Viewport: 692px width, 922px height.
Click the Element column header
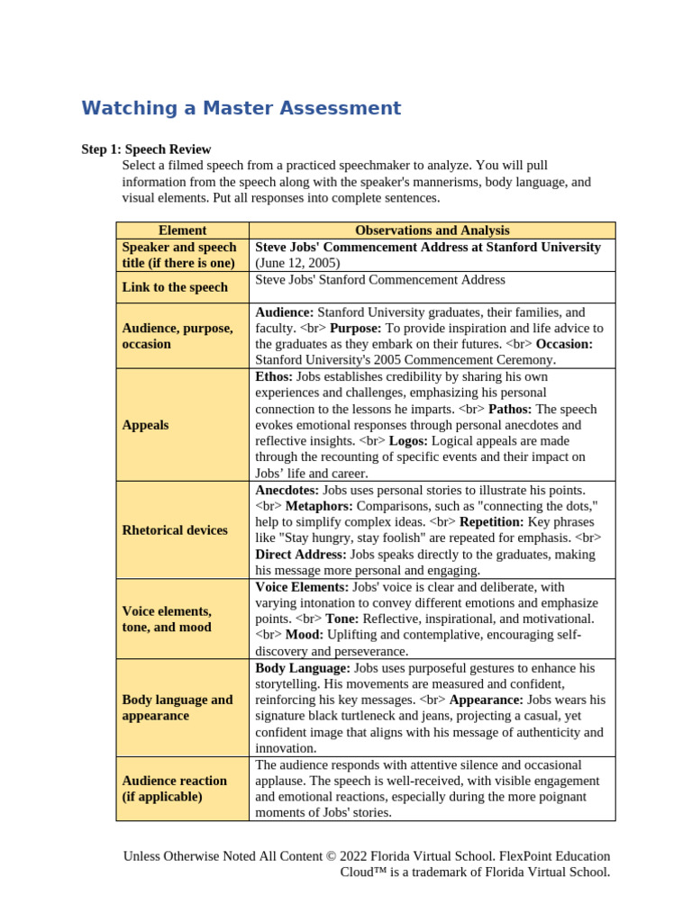[x=182, y=230]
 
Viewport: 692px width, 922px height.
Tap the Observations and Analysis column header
[x=432, y=230]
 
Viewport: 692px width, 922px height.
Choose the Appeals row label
[x=145, y=425]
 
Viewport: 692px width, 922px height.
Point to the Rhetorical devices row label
[x=174, y=530]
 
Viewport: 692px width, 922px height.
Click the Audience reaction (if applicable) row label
[x=174, y=789]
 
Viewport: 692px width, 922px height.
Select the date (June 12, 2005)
[x=297, y=263]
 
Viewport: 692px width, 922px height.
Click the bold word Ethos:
[x=274, y=376]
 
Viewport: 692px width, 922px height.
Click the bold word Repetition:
[x=491, y=522]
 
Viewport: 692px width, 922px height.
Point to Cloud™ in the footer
[x=365, y=872]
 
